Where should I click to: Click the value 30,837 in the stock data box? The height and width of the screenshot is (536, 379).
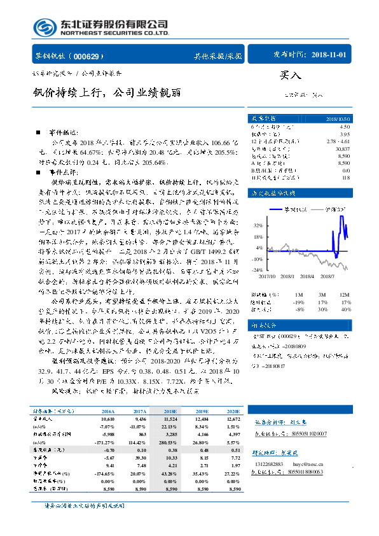(341, 148)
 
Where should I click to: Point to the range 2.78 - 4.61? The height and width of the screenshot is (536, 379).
(338, 141)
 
